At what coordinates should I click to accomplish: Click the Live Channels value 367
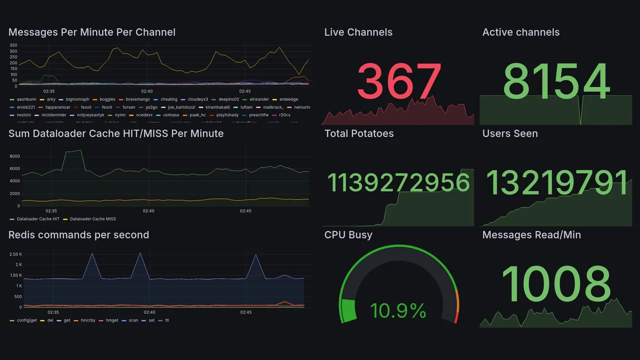pyautogui.click(x=399, y=81)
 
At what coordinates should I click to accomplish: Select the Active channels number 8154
pyautogui.click(x=556, y=81)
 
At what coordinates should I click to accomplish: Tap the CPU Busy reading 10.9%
pyautogui.click(x=398, y=311)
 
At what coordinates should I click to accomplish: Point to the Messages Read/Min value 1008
pyautogui.click(x=556, y=284)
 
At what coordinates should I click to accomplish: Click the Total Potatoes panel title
pyautogui.click(x=359, y=133)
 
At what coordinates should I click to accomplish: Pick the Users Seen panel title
pyautogui.click(x=510, y=133)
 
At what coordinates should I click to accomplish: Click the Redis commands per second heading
pyautogui.click(x=79, y=235)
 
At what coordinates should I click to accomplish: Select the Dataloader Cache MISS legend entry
pyautogui.click(x=93, y=219)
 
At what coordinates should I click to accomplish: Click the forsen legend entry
pyautogui.click(x=128, y=107)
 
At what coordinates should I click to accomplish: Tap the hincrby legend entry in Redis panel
pyautogui.click(x=81, y=320)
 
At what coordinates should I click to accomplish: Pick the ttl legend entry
pyautogui.click(x=166, y=320)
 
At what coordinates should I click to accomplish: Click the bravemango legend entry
pyautogui.click(x=137, y=99)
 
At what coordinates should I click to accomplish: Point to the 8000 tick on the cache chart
pyautogui.click(x=14, y=156)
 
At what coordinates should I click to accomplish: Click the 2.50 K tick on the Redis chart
pyautogui.click(x=15, y=254)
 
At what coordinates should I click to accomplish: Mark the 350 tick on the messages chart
pyautogui.click(x=13, y=45)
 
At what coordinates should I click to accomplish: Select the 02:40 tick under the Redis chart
pyautogui.click(x=149, y=312)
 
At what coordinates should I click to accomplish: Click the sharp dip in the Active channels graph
pyautogui.click(x=580, y=123)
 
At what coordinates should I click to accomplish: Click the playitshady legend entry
pyautogui.click(x=227, y=115)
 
